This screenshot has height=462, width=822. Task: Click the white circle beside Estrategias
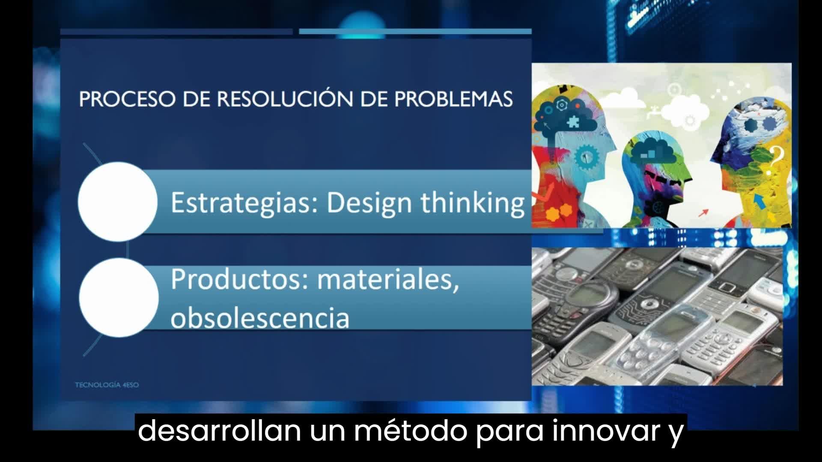click(x=118, y=201)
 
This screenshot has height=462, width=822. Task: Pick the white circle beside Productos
click(x=119, y=297)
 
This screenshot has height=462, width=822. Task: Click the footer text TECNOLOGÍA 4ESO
click(x=107, y=385)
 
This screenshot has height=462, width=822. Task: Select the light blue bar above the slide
click(x=415, y=32)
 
